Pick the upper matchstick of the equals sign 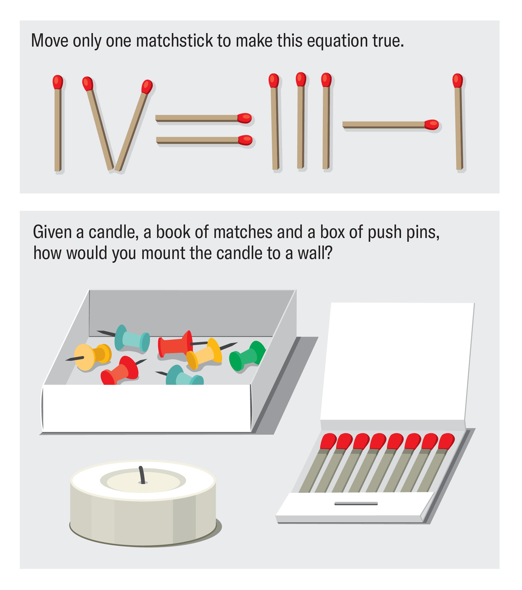point(199,118)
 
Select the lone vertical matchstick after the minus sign point(458,124)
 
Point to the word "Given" point(52,232)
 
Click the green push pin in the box point(247,357)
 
